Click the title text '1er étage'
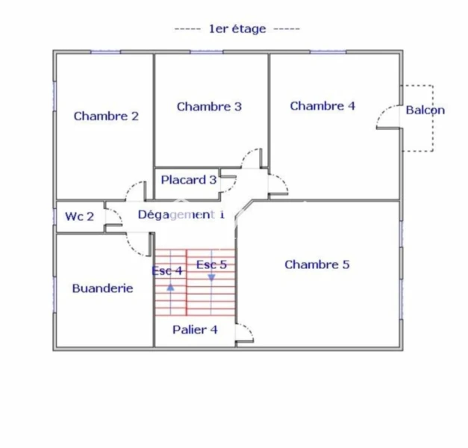click(237, 29)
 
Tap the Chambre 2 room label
click(106, 116)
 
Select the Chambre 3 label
click(209, 106)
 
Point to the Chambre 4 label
click(322, 106)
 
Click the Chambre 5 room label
click(317, 264)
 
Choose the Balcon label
click(425, 110)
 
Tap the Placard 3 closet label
click(189, 180)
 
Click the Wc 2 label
click(79, 217)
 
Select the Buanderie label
click(103, 288)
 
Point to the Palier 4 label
click(195, 329)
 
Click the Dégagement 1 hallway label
click(181, 214)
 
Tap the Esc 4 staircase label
click(167, 270)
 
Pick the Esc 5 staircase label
click(212, 264)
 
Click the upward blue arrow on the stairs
click(170, 287)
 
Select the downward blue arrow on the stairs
click(212, 278)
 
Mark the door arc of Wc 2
click(118, 214)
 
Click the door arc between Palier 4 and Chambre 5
click(249, 329)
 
